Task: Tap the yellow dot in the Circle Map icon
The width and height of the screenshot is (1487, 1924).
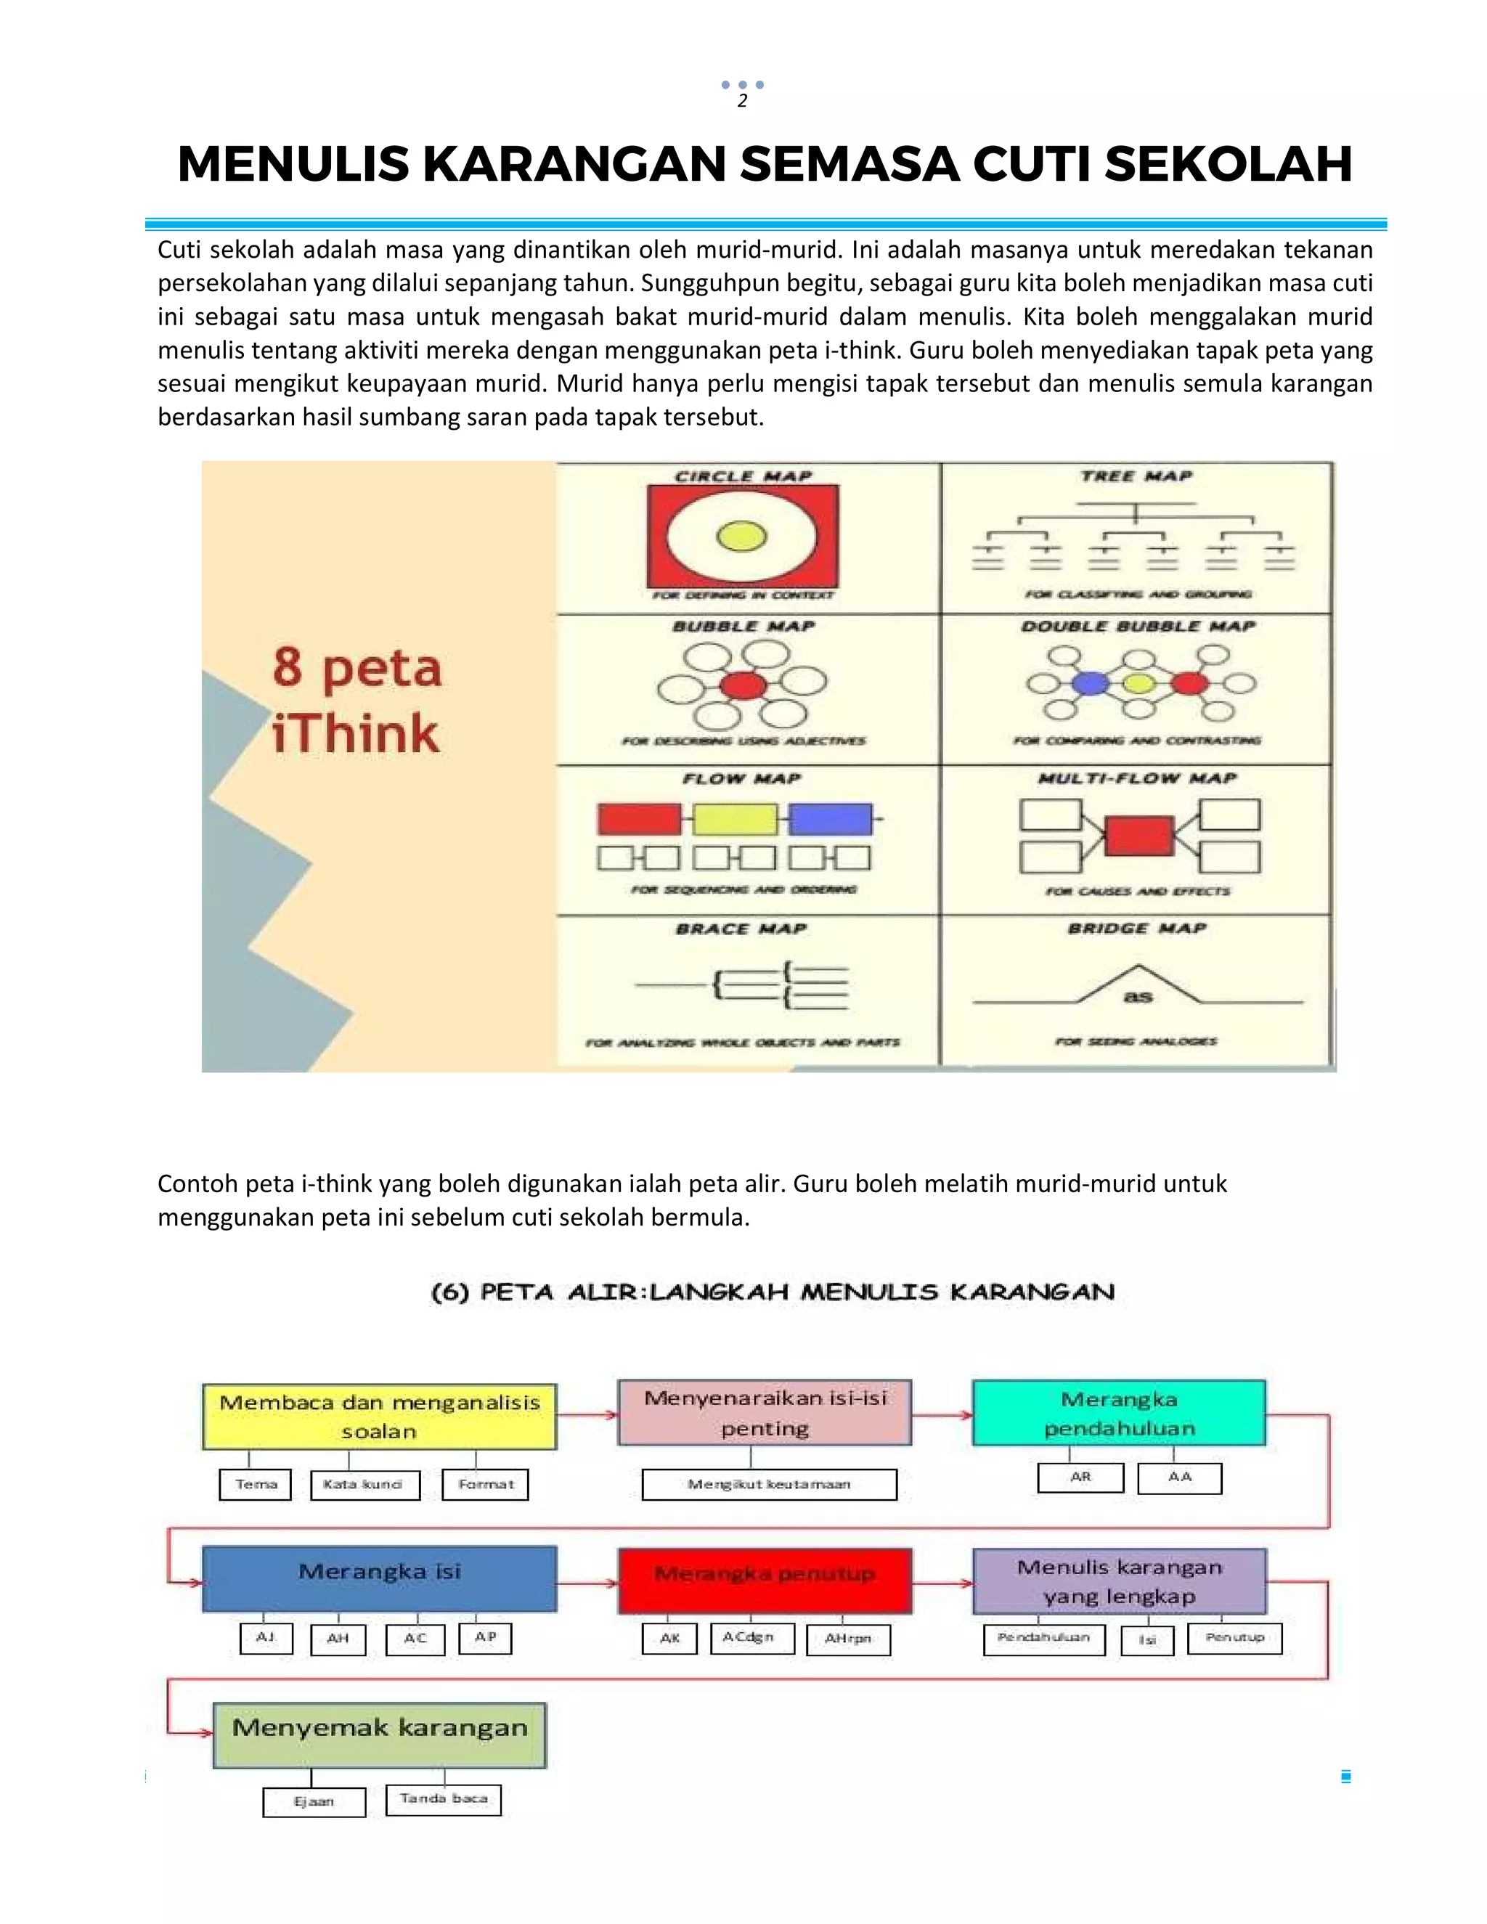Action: click(742, 536)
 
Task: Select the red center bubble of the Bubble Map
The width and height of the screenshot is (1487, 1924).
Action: click(743, 685)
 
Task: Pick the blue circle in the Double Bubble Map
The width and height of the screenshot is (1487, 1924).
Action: click(1091, 682)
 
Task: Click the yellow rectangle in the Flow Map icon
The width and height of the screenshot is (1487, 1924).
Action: click(735, 818)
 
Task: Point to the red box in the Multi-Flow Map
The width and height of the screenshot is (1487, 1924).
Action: click(1139, 835)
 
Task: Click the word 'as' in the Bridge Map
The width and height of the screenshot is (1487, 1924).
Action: click(1138, 996)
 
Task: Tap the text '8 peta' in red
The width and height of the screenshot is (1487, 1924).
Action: click(357, 668)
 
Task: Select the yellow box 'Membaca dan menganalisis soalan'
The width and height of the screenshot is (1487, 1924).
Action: click(380, 1416)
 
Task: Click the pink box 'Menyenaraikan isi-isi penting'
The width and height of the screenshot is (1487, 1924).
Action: click(765, 1412)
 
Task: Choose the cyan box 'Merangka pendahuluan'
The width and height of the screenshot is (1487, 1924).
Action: click(1119, 1413)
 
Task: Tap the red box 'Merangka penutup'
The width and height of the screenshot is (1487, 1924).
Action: click(765, 1581)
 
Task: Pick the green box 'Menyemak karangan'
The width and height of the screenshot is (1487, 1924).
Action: click(380, 1734)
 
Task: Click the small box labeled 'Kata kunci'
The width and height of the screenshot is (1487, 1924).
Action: click(364, 1485)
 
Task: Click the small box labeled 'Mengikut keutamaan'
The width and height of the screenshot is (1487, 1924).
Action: click(769, 1485)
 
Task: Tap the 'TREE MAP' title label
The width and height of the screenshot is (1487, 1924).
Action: click(1136, 476)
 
